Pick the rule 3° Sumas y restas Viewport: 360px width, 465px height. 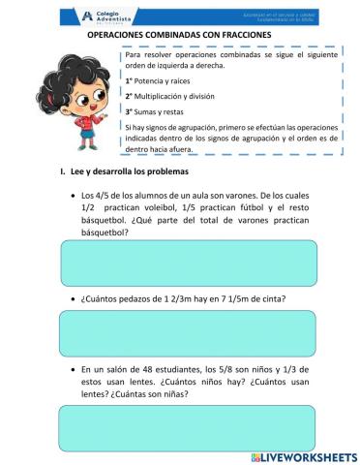point(156,112)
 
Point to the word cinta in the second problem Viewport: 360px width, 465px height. point(272,300)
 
